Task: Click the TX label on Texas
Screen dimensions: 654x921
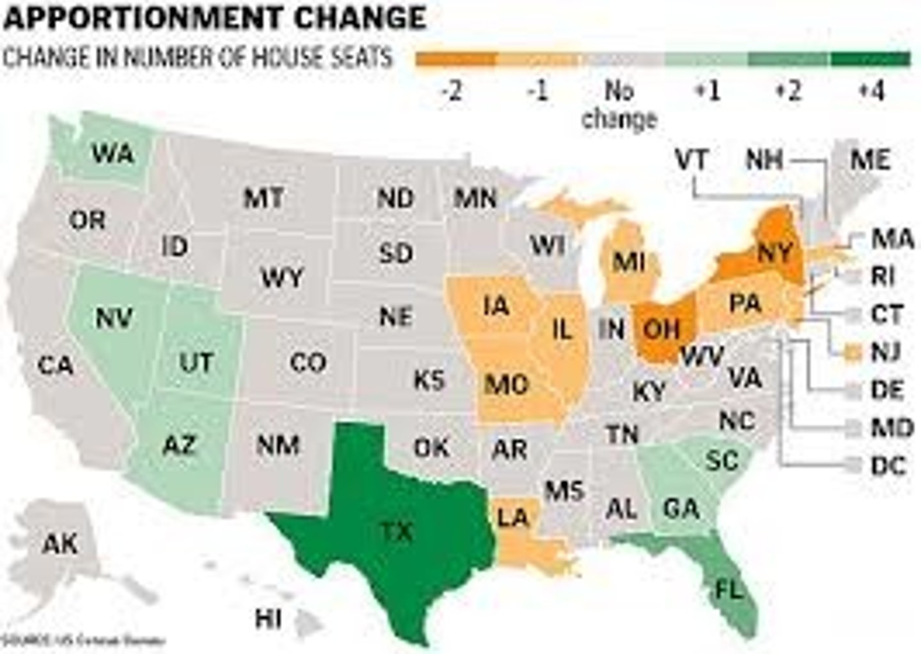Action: click(x=397, y=531)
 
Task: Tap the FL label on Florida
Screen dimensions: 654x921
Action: click(x=728, y=589)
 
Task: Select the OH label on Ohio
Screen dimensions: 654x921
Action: click(x=661, y=329)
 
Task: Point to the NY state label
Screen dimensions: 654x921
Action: click(x=775, y=253)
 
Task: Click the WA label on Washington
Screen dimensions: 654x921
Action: click(x=113, y=153)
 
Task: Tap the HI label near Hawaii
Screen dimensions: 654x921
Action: click(x=268, y=618)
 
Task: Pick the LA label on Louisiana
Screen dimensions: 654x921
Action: click(x=514, y=517)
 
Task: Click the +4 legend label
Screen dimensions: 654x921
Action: click(x=871, y=92)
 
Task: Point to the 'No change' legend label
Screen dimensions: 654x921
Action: click(x=619, y=105)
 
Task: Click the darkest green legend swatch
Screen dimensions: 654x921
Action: click(x=870, y=59)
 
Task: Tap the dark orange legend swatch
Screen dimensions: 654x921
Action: click(x=456, y=59)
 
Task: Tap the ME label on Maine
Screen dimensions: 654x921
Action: click(x=870, y=159)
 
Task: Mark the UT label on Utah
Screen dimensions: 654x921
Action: click(x=196, y=362)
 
